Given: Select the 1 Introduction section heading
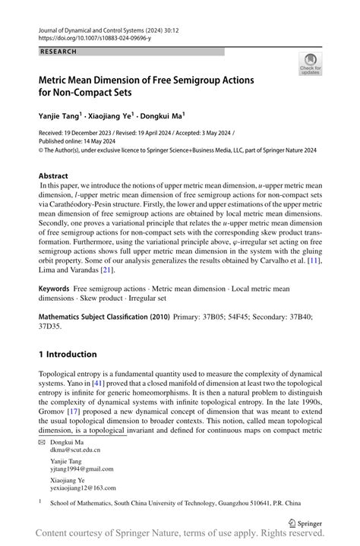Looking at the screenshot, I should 68,354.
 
